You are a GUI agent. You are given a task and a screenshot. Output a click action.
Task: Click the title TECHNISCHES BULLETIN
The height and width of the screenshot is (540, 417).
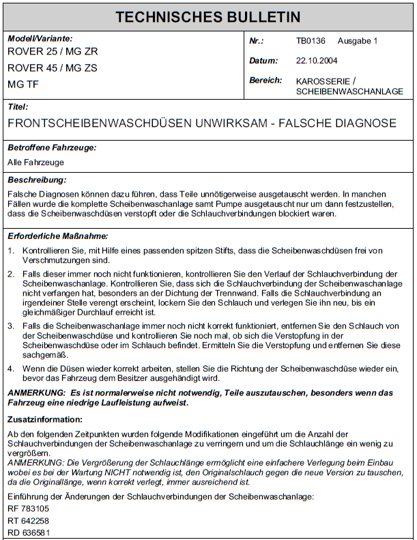click(207, 17)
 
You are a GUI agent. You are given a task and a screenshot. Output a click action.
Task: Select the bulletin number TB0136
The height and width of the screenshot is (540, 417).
click(310, 41)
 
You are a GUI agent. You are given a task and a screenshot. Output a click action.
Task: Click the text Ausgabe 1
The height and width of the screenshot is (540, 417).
click(358, 41)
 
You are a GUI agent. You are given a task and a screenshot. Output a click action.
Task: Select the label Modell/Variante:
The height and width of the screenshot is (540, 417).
click(40, 39)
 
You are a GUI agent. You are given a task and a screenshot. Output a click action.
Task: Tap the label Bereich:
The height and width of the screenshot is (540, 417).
click(265, 80)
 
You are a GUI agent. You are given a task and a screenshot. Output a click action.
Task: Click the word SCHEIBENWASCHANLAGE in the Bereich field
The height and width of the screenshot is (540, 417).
click(349, 91)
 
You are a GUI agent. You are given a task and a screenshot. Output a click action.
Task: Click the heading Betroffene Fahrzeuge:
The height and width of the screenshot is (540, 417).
click(51, 147)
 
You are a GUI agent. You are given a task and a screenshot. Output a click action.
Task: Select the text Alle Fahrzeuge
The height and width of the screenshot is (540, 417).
click(35, 162)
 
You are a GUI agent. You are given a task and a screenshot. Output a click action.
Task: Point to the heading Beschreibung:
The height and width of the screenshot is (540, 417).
click(37, 180)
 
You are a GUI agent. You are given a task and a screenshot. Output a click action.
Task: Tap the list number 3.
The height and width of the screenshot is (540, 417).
click(10, 326)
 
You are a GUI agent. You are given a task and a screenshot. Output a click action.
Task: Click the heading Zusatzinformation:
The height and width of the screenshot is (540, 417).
click(45, 419)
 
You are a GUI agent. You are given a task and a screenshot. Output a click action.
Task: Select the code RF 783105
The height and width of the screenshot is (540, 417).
click(30, 509)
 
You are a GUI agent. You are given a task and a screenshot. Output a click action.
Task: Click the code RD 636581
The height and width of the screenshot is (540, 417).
click(30, 533)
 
